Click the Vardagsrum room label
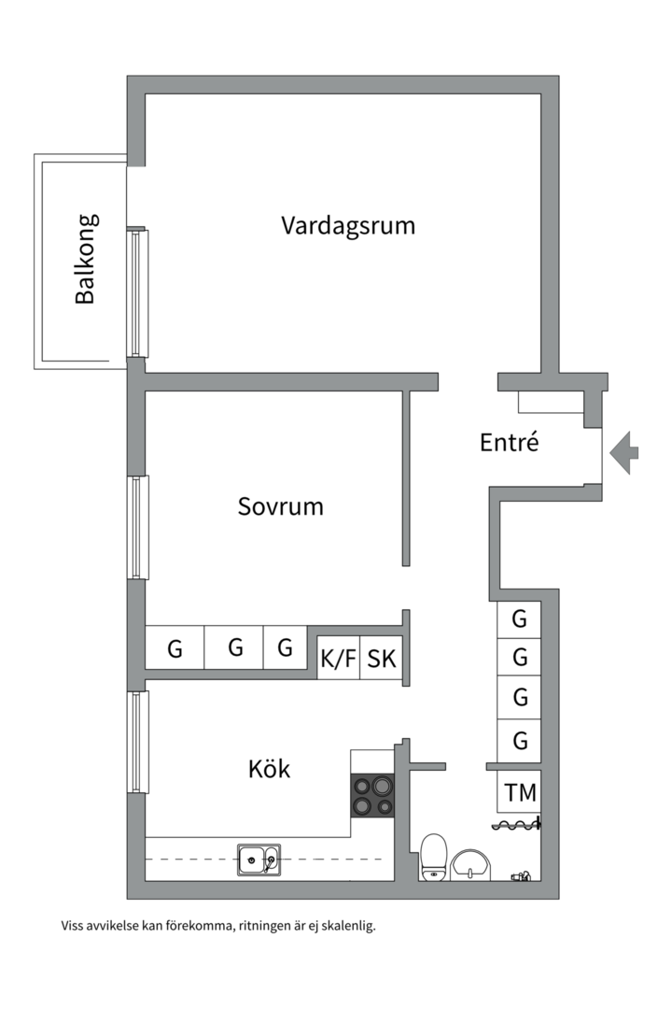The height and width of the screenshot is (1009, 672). (347, 226)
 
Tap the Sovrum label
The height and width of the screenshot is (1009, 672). (280, 507)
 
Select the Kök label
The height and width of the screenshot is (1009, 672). (269, 770)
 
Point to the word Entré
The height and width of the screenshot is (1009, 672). (509, 443)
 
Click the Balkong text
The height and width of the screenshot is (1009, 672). (85, 260)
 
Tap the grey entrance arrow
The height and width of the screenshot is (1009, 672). (624, 452)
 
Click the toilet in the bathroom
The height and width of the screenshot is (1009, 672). (433, 858)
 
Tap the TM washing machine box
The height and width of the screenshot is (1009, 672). (520, 793)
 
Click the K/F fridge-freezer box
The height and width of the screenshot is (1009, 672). (338, 659)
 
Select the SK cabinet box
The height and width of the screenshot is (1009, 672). (381, 659)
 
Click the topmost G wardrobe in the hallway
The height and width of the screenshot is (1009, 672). (520, 618)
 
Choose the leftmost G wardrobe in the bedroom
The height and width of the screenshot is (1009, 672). (175, 648)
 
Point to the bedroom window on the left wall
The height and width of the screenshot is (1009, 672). (138, 527)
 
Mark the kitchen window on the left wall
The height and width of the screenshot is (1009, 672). (138, 742)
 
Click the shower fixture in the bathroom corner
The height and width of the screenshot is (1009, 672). (521, 876)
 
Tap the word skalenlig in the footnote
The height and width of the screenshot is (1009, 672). (346, 927)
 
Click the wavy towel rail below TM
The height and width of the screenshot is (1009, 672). (516, 824)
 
